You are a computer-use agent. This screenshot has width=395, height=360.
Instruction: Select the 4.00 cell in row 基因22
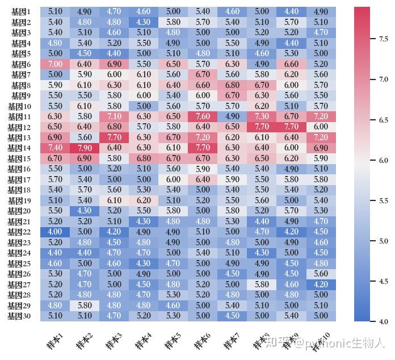[x=55, y=232]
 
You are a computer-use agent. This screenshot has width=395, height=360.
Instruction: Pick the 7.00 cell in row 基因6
[x=55, y=64]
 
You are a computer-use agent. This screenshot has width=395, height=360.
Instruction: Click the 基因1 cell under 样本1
[x=55, y=11]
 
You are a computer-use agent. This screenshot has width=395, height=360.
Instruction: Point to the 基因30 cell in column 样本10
[x=321, y=316]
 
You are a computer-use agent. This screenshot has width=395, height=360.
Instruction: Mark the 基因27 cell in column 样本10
[x=321, y=284]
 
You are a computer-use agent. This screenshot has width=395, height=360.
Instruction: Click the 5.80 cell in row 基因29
[x=85, y=305]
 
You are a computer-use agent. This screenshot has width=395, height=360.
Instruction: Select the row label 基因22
[x=19, y=232]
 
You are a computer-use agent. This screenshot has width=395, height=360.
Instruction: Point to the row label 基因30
[x=19, y=316]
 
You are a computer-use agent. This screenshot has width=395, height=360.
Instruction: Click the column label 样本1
[x=54, y=340]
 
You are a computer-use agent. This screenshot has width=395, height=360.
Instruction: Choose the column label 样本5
[x=173, y=340]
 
